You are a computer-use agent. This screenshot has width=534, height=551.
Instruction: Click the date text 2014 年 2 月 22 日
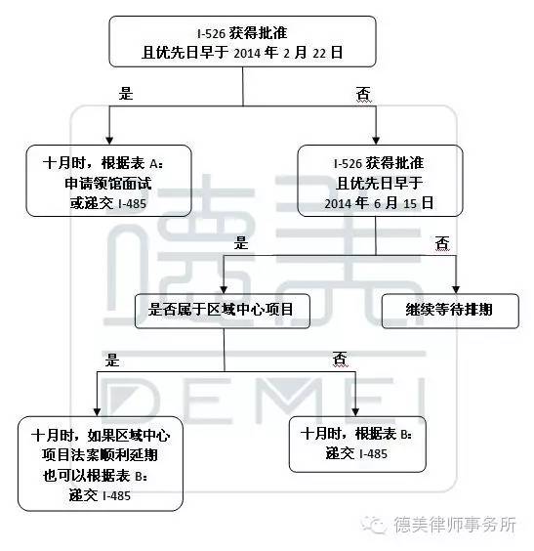point(288,53)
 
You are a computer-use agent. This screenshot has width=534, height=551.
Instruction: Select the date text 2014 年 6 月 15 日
point(379,203)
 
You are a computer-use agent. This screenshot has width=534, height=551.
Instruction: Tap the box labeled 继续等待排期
point(450,311)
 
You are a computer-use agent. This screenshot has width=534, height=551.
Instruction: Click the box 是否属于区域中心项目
point(223,311)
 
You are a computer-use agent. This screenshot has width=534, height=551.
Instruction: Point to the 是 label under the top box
point(126,94)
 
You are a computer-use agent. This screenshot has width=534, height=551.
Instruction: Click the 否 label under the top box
point(364,94)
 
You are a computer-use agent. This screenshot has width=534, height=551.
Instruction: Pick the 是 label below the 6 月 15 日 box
point(241,243)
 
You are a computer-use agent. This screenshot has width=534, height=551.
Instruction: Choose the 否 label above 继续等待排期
point(442,243)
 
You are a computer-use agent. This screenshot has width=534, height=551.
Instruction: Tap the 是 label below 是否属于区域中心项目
point(112,360)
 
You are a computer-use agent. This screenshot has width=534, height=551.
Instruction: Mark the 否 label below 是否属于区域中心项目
point(340,360)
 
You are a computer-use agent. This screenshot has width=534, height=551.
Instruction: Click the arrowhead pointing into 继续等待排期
point(456,290)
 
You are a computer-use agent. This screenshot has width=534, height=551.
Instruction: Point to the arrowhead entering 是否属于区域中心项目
point(224,290)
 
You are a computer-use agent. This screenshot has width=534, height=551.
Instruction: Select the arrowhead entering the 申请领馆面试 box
point(109,141)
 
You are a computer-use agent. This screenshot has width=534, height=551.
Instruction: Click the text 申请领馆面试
point(108,183)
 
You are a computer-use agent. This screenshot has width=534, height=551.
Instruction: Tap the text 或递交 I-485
point(108,203)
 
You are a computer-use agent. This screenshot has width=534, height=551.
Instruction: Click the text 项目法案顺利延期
point(100,455)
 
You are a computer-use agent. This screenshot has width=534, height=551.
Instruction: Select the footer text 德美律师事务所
point(455,525)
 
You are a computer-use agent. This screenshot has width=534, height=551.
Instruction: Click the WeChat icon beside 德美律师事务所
point(374,525)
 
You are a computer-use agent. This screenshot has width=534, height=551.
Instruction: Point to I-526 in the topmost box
point(211,34)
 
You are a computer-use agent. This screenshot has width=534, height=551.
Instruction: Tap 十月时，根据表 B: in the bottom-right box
point(356,434)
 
